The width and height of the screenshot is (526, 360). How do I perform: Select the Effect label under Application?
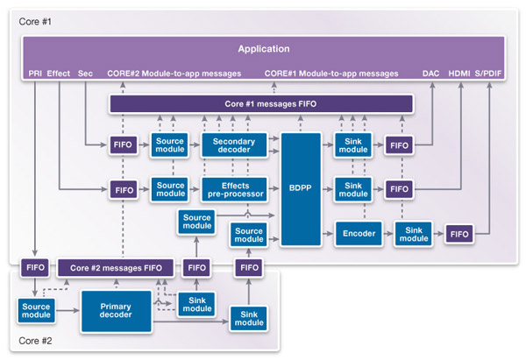[x=59, y=74]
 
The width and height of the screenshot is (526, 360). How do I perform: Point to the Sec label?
[x=85, y=74]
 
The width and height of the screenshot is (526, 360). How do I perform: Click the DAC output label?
[x=432, y=74]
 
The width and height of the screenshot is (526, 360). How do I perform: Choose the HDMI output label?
[x=460, y=74]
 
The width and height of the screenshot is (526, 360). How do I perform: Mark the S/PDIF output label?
[x=491, y=74]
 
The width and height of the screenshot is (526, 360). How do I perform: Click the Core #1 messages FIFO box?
[x=261, y=105]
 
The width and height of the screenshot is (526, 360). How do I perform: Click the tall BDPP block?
[x=302, y=187]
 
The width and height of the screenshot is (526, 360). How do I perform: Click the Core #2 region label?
[x=36, y=341]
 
